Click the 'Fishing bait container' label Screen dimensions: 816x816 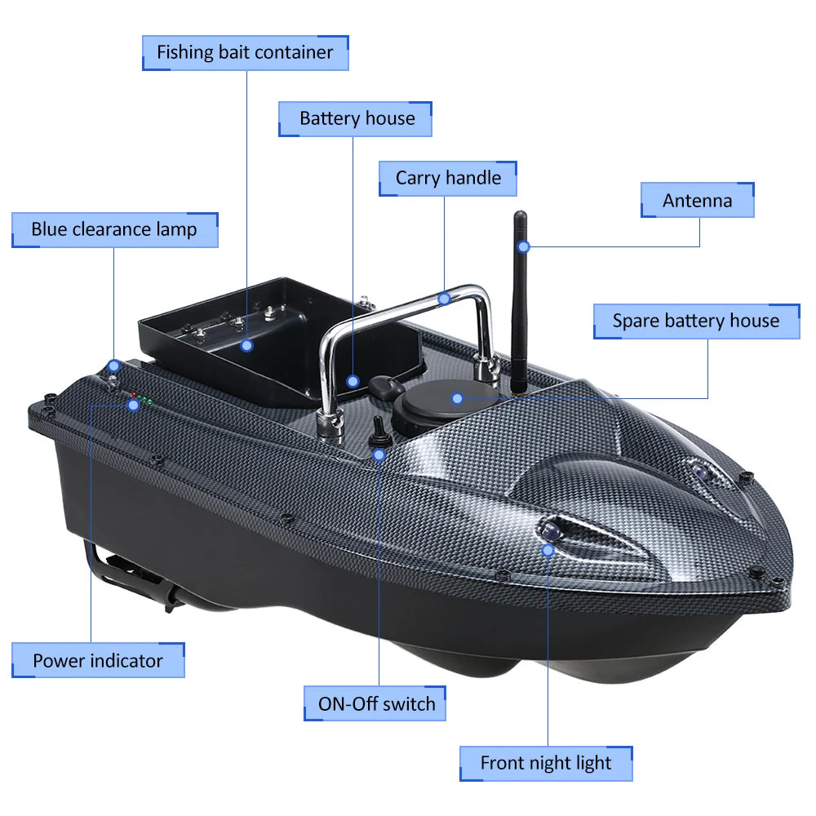[245, 53]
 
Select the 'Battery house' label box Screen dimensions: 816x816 [356, 119]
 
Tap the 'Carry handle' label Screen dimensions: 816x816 [448, 179]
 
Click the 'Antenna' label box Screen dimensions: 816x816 [697, 201]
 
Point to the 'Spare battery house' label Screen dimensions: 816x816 [695, 322]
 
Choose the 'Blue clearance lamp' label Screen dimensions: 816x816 [114, 230]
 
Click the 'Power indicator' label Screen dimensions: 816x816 [98, 660]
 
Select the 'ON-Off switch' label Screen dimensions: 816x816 [376, 703]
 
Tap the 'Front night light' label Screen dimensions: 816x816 [545, 764]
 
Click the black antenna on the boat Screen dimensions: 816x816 [519, 302]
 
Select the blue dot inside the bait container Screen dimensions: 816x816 [247, 345]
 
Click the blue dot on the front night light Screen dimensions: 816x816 [548, 550]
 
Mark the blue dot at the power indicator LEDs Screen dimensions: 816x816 [133, 405]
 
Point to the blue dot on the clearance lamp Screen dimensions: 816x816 [114, 365]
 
